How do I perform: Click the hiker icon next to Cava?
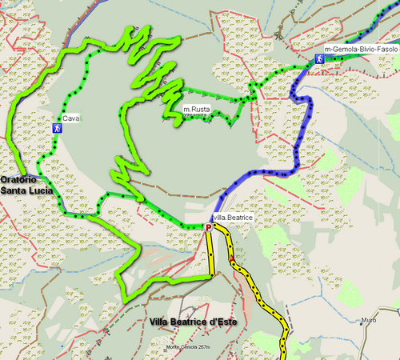coord(57,126)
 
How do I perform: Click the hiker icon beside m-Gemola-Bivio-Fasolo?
coord(318,58)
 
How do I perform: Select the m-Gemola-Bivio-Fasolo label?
coord(362,50)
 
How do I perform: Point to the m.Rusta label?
coord(197,109)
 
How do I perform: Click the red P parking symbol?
coord(209,228)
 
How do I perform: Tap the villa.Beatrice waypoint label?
coord(233,218)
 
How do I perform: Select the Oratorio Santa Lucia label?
coord(26,186)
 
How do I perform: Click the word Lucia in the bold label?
coord(40,191)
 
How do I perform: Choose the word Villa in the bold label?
coord(160,322)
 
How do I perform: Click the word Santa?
coord(13,191)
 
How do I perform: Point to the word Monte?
coord(174,346)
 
